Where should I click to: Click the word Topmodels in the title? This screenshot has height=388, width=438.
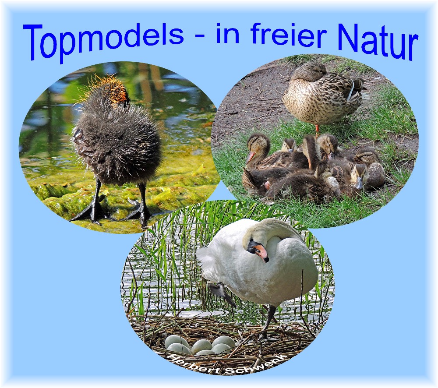click(x=103, y=40)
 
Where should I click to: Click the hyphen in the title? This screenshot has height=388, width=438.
click(x=200, y=37)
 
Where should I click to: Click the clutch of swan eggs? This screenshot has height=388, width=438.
click(x=200, y=345)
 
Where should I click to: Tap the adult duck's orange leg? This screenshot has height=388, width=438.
click(x=317, y=129)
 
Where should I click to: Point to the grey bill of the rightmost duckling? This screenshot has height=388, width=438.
click(x=360, y=183)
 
